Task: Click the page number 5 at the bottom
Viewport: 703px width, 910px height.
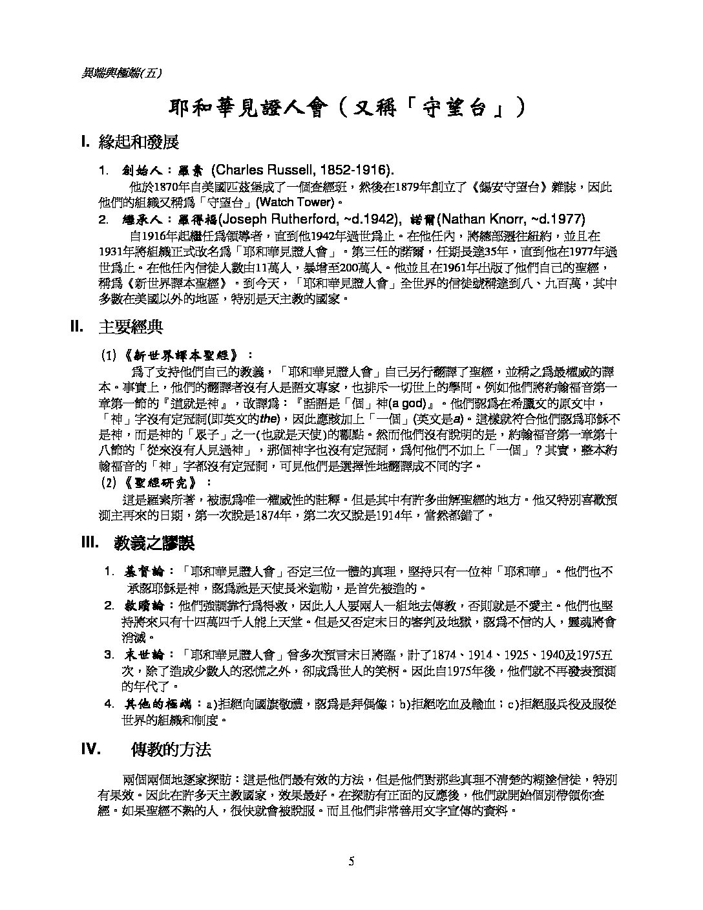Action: tap(351, 861)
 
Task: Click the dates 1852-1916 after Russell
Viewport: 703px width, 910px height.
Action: tap(359, 170)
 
